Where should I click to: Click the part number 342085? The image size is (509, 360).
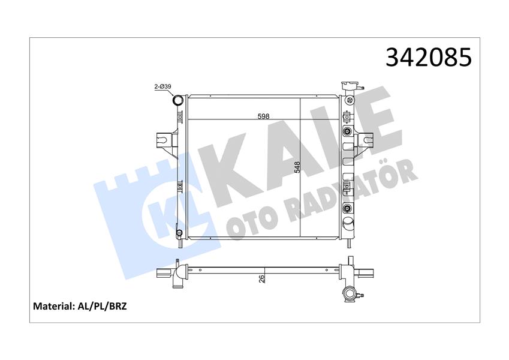point(429,58)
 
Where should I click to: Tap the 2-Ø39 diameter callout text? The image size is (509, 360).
point(162,86)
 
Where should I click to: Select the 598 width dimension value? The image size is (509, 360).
point(263,116)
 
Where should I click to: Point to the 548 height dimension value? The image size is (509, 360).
point(297,167)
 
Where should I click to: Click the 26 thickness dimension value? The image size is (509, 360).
point(261,278)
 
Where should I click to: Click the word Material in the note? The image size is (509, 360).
point(52,306)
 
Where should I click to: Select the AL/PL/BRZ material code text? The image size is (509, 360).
point(101,306)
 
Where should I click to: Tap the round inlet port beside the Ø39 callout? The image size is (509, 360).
point(178,100)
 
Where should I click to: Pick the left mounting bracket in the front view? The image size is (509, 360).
point(167,145)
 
